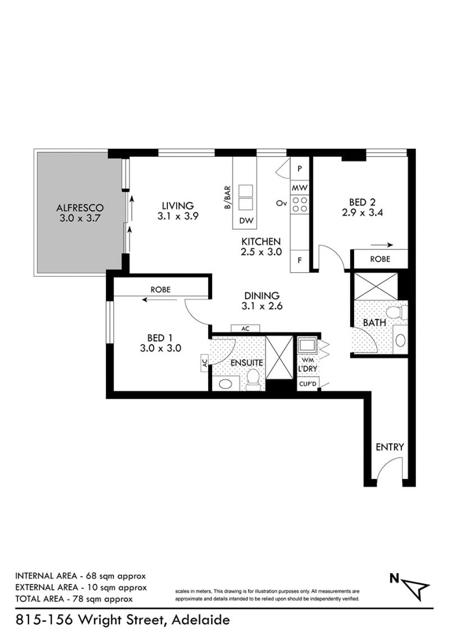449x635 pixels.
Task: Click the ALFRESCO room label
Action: [80, 208]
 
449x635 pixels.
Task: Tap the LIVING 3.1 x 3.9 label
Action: [178, 211]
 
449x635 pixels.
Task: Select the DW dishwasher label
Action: [246, 221]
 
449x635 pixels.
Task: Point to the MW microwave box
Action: [300, 188]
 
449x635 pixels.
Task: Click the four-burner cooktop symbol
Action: [300, 204]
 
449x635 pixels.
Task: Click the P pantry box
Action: [300, 168]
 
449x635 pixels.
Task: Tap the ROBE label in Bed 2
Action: [380, 259]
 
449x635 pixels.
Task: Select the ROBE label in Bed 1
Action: [161, 290]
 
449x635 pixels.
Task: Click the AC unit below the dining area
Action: [245, 329]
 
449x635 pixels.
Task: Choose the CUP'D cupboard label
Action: [308, 384]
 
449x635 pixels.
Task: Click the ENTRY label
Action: [390, 447]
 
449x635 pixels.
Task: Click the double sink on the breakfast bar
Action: [245, 197]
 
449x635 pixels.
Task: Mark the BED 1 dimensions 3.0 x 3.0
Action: [161, 348]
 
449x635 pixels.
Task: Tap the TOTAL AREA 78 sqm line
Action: [74, 599]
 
